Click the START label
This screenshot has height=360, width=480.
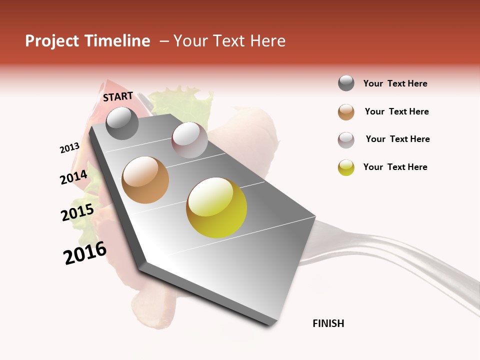pyautogui.click(x=118, y=96)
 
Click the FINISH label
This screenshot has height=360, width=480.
pyautogui.click(x=328, y=323)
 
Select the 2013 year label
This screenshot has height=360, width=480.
pyautogui.click(x=69, y=148)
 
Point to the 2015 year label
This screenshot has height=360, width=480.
pyautogui.click(x=77, y=212)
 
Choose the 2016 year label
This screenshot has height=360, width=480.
pyautogui.click(x=85, y=253)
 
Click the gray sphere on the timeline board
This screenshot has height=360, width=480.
pyautogui.click(x=122, y=123)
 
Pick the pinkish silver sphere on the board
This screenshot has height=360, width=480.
pyautogui.click(x=189, y=140)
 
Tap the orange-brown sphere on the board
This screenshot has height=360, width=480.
pyautogui.click(x=145, y=180)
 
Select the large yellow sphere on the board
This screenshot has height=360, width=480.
pyautogui.click(x=216, y=207)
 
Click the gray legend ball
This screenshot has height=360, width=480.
pyautogui.click(x=346, y=83)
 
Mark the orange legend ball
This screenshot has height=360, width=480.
pyautogui.click(x=346, y=112)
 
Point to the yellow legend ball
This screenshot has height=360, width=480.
pyautogui.click(x=346, y=167)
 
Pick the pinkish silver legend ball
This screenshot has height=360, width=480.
pyautogui.click(x=346, y=139)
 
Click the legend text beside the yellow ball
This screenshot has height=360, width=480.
pyautogui.click(x=395, y=167)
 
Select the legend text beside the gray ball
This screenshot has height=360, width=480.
pyautogui.click(x=395, y=83)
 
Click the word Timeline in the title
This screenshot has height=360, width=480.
pyautogui.click(x=116, y=41)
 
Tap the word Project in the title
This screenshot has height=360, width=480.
pyautogui.click(x=52, y=41)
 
